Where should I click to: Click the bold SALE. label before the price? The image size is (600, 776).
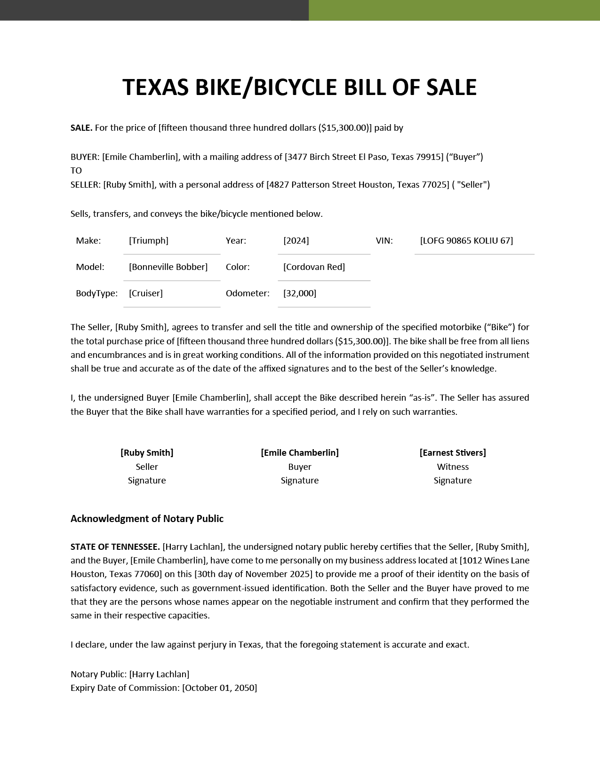coord(81,128)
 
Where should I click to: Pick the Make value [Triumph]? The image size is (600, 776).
coord(149,241)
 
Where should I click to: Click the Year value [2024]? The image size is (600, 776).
coord(296,241)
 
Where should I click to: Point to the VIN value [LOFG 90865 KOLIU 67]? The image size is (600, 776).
coord(466,241)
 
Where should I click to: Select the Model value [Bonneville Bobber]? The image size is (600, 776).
coord(168,267)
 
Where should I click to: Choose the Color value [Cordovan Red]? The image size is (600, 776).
coord(314,267)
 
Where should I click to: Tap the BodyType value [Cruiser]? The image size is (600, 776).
coord(146,293)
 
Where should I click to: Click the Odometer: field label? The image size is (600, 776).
coord(248,293)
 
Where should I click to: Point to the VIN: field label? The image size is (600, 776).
coord(384,241)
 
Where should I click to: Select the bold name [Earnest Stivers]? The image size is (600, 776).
coord(453,453)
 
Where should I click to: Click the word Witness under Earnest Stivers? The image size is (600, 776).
coord(453,467)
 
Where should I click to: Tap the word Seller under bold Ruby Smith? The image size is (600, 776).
coord(147,467)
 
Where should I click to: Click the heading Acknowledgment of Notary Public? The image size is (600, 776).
coord(147,519)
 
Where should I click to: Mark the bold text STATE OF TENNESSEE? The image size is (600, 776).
coord(115,547)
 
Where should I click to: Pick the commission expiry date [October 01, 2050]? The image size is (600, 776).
coord(220,688)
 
